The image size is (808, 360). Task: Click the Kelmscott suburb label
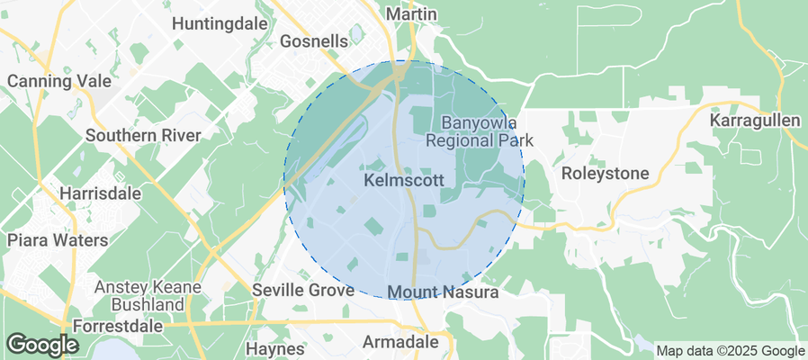tap(404, 180)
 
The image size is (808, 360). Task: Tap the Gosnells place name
tap(314, 41)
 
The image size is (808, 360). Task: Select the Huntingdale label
tap(220, 22)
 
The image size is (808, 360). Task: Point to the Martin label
tap(410, 14)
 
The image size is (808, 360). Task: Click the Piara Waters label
tap(57, 240)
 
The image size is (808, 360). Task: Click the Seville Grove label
tap(297, 291)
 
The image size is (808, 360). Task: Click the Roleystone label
tap(599, 173)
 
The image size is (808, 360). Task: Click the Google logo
tap(42, 345)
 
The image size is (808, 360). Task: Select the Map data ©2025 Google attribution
tap(730, 351)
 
